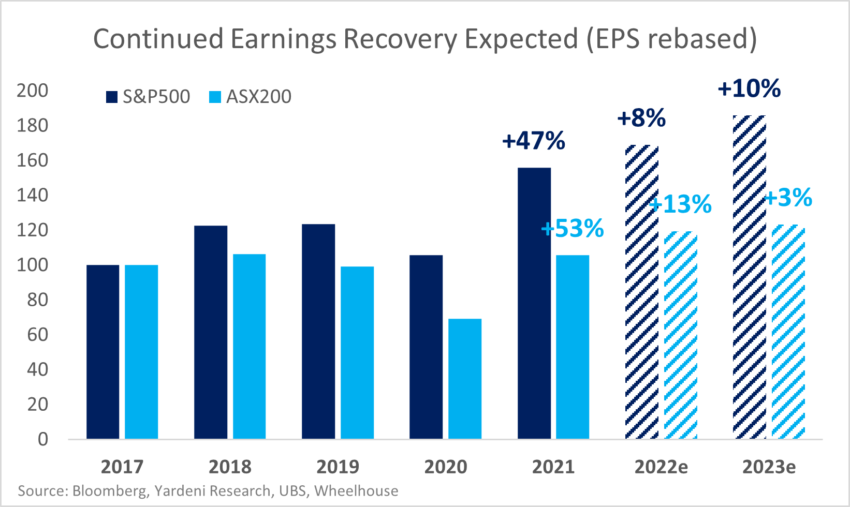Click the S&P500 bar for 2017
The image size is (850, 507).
[x=102, y=352]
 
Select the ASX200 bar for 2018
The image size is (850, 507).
[x=249, y=347]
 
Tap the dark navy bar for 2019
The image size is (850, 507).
[x=318, y=331]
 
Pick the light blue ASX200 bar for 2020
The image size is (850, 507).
[x=465, y=379]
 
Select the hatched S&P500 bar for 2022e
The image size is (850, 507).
[x=642, y=292]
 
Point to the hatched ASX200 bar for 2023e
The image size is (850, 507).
[x=788, y=332]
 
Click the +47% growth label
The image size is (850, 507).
[x=534, y=141]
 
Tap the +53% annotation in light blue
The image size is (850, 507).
[x=573, y=228]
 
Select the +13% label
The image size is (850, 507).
[x=681, y=204]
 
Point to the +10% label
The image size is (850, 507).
[x=749, y=88]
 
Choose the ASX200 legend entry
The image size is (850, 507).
[x=251, y=97]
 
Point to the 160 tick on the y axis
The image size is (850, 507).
[x=32, y=160]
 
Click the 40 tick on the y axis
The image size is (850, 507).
[x=37, y=369]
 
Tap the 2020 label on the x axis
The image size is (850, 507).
[x=446, y=467]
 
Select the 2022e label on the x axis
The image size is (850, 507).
[x=662, y=467]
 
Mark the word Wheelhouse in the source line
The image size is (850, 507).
[x=357, y=490]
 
